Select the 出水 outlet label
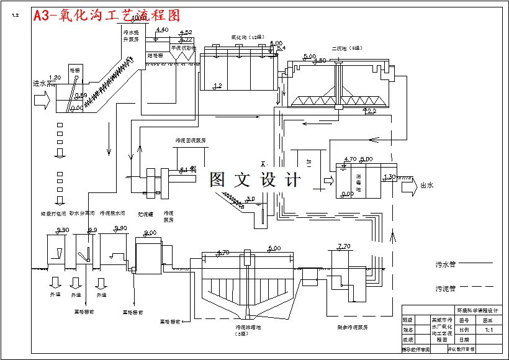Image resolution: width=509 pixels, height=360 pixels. click(x=427, y=184)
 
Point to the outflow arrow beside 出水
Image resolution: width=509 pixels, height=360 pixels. click(x=408, y=184)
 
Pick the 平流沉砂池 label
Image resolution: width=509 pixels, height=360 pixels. click(x=183, y=47)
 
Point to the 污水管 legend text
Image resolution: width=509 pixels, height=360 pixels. click(x=446, y=264)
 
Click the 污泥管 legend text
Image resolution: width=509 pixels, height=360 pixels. click(x=446, y=288)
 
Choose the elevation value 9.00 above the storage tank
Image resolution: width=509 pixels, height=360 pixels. click(x=150, y=233)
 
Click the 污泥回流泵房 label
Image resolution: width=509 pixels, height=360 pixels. click(x=191, y=141)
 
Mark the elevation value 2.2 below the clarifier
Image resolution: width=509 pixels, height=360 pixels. click(x=371, y=111)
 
